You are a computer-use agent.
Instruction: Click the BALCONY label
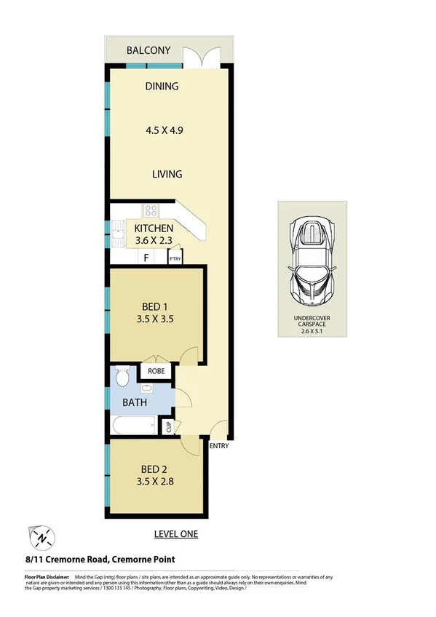coord(148,50)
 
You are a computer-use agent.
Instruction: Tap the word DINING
coord(162,87)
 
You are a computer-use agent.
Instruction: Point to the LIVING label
coord(167,175)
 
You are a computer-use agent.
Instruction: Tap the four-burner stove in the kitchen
coord(151,211)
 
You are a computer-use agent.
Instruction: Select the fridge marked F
coord(146,258)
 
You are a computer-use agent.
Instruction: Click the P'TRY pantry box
coord(175,258)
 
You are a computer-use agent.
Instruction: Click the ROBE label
coord(156,371)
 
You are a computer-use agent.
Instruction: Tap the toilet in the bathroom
coord(123,377)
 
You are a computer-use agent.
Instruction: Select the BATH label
coord(135,402)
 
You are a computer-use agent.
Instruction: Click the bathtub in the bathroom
coord(134,425)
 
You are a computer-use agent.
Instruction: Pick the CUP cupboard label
coord(168,427)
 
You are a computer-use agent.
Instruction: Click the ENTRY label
coord(219,446)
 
